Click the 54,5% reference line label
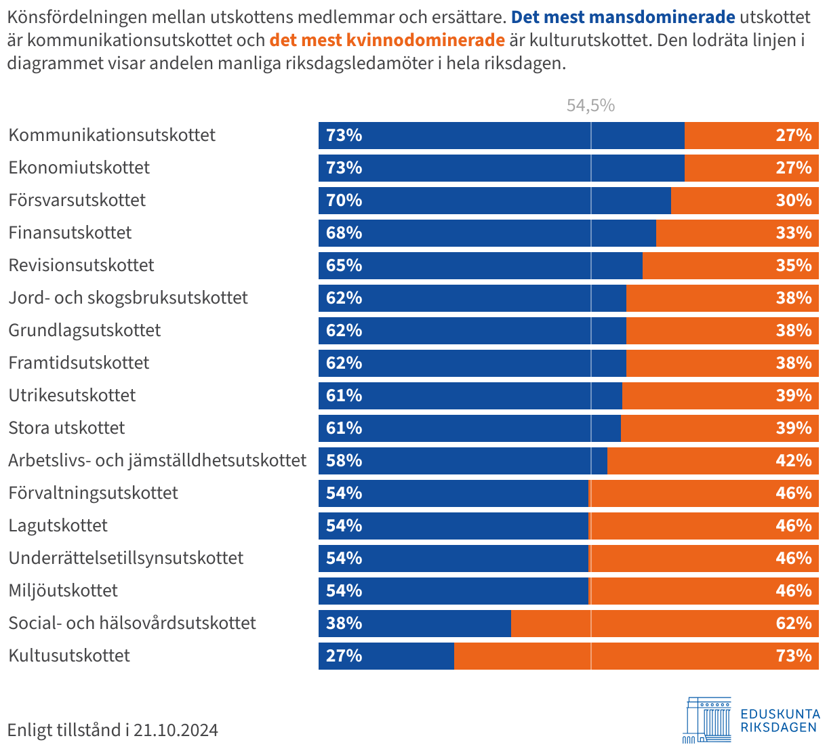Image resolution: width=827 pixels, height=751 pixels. tap(590, 105)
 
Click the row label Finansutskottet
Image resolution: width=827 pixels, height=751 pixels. tap(70, 232)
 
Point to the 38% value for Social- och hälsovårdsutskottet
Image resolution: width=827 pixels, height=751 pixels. tap(344, 624)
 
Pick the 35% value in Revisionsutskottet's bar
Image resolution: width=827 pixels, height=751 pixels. tap(794, 266)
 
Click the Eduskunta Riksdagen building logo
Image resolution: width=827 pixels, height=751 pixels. tap(707, 719)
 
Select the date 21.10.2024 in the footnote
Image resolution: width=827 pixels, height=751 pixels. tap(176, 730)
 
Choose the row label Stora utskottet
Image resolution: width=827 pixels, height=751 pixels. tap(66, 428)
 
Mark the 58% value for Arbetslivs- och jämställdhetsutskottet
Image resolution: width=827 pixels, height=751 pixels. tap(344, 461)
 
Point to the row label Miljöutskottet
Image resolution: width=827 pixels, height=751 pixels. tap(63, 590)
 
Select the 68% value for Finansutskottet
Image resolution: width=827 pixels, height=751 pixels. tap(344, 233)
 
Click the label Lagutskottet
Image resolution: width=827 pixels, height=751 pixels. tap(58, 525)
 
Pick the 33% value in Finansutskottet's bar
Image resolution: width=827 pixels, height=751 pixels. tap(794, 233)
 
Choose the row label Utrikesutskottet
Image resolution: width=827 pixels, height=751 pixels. tap(72, 395)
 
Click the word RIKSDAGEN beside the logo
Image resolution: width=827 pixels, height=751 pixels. tap(779, 727)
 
